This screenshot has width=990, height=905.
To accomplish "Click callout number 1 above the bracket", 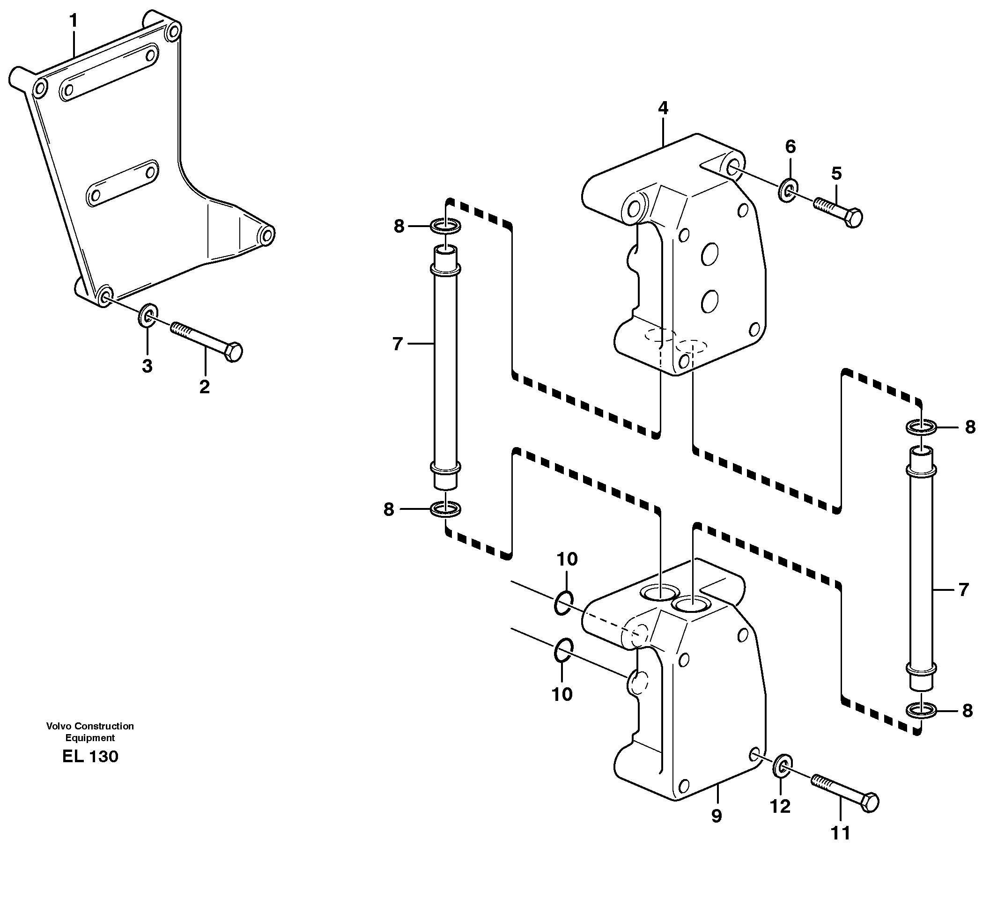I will pyautogui.click(x=74, y=21).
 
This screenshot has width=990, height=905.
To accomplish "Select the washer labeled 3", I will pyautogui.click(x=148, y=315).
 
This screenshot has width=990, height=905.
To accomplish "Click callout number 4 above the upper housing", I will pyautogui.click(x=663, y=108).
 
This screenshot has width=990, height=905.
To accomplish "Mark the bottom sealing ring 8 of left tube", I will pyautogui.click(x=445, y=509).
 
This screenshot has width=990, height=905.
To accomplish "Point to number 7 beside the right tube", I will pyautogui.click(x=963, y=589).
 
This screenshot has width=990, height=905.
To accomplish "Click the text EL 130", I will pyautogui.click(x=90, y=756).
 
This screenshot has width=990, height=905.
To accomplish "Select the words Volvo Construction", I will pyautogui.click(x=90, y=726).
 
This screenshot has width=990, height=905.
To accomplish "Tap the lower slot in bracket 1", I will pyautogui.click(x=122, y=183).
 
